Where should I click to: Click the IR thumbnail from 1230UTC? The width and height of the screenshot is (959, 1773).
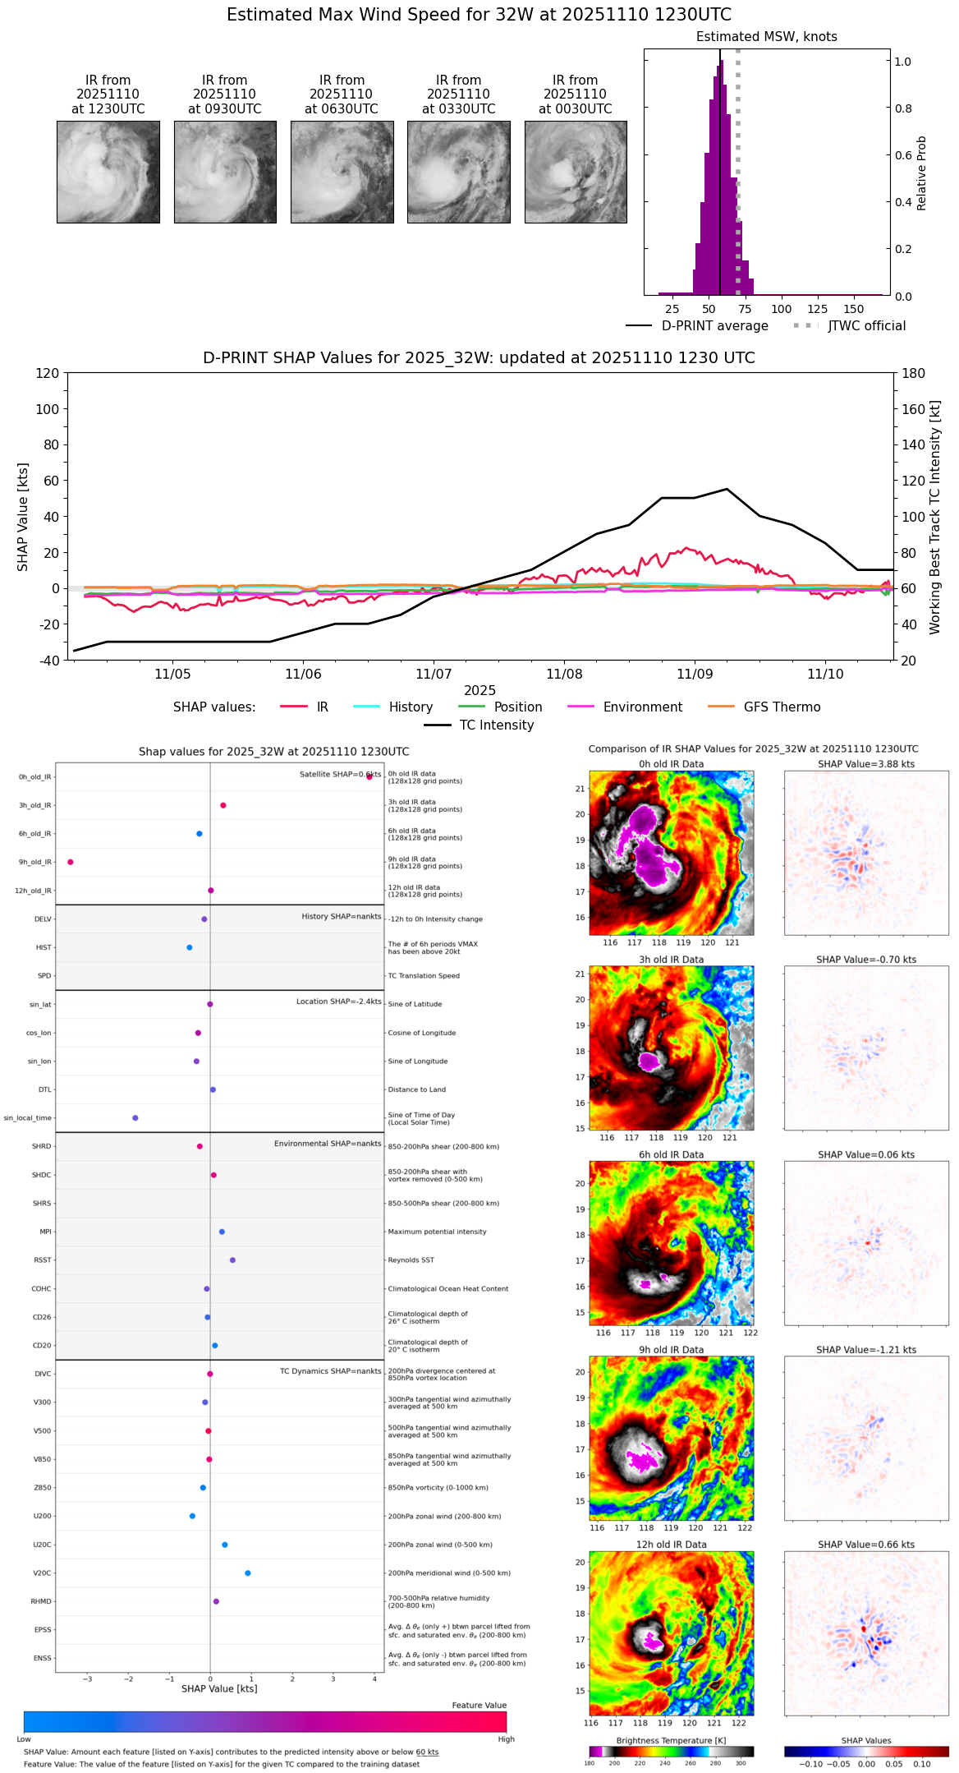108,172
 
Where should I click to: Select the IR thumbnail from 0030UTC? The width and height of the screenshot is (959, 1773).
576,172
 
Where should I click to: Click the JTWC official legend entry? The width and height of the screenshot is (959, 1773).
866,326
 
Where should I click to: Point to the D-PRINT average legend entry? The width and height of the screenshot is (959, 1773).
714,326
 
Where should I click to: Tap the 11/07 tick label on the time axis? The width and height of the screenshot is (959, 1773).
434,674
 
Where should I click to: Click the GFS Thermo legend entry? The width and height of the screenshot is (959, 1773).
782,707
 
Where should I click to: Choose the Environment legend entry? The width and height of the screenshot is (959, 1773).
642,707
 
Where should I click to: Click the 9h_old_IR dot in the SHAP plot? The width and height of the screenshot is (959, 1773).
71,862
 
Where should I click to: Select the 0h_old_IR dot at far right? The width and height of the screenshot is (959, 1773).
369,776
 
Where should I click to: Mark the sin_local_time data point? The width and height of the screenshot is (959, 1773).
135,1117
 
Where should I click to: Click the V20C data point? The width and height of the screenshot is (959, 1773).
248,1573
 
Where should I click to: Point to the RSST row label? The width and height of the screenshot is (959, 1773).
43,1260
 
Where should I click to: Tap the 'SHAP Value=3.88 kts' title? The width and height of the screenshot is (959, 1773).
866,764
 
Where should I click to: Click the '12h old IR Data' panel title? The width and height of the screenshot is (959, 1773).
671,1545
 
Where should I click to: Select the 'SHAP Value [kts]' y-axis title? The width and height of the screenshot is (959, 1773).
23,517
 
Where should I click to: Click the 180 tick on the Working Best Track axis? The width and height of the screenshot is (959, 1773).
913,373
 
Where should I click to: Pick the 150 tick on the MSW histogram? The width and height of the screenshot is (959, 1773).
854,310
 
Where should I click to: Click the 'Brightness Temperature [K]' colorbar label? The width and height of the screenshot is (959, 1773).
671,1740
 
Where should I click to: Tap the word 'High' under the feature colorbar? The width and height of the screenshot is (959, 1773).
506,1738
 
